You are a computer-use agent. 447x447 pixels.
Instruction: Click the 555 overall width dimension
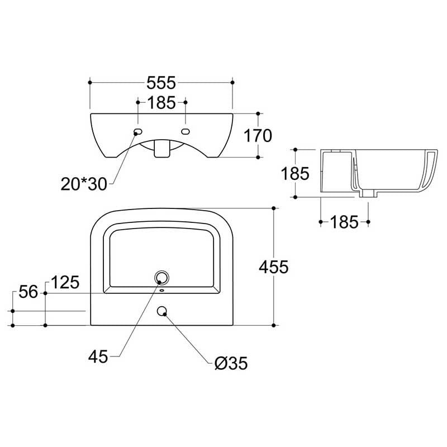click(161, 83)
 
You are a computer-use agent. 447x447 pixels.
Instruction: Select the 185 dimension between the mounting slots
click(161, 103)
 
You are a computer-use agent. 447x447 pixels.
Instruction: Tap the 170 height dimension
click(258, 136)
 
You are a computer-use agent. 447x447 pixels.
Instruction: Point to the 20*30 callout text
click(84, 184)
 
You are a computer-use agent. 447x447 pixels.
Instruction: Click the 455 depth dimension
click(274, 267)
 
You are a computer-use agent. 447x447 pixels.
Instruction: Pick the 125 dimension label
click(65, 283)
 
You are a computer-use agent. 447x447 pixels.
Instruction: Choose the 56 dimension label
click(28, 292)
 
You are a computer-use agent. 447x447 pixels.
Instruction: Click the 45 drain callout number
click(98, 356)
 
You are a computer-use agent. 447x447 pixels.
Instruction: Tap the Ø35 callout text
click(231, 363)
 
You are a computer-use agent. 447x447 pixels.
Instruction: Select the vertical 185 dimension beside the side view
click(295, 174)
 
